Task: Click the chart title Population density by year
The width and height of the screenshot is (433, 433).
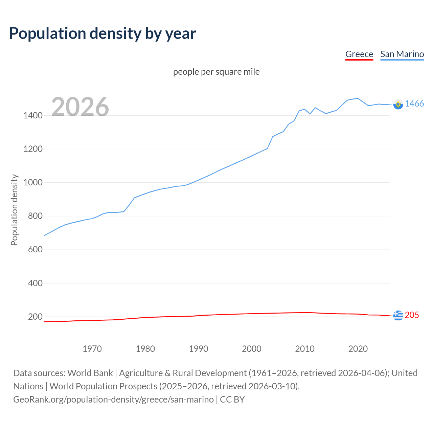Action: pyautogui.click(x=102, y=33)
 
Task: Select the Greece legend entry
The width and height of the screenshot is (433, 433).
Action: pyautogui.click(x=359, y=54)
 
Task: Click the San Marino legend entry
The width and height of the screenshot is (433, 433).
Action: pyautogui.click(x=402, y=54)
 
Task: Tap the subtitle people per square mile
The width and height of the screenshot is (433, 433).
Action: pyautogui.click(x=216, y=72)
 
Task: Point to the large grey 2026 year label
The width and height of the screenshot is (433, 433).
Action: pyautogui.click(x=80, y=107)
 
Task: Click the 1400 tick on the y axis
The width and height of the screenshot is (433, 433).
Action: pyautogui.click(x=33, y=115)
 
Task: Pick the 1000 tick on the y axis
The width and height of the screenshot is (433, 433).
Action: pyautogui.click(x=33, y=182)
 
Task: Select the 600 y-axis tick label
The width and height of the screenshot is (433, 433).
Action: pyautogui.click(x=35, y=249)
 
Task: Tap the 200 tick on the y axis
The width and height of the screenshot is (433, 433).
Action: pyautogui.click(x=35, y=317)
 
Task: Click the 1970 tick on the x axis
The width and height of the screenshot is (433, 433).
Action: pyautogui.click(x=92, y=349)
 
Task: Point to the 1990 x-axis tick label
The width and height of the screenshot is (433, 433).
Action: pyautogui.click(x=199, y=349)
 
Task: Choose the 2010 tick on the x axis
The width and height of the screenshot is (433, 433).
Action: pyautogui.click(x=305, y=349)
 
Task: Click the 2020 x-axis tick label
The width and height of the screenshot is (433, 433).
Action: pyautogui.click(x=358, y=349)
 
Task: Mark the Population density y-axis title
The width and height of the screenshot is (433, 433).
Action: pyautogui.click(x=14, y=210)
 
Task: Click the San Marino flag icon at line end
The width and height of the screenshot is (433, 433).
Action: pyautogui.click(x=398, y=104)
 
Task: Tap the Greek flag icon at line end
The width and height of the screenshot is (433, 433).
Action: pyautogui.click(x=398, y=315)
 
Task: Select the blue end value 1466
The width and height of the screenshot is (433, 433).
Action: pyautogui.click(x=414, y=104)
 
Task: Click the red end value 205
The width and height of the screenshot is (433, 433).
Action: pyautogui.click(x=412, y=315)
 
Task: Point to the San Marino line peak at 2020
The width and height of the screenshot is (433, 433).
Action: pyautogui.click(x=358, y=98)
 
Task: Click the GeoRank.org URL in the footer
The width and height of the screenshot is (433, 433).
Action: pyautogui.click(x=113, y=399)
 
